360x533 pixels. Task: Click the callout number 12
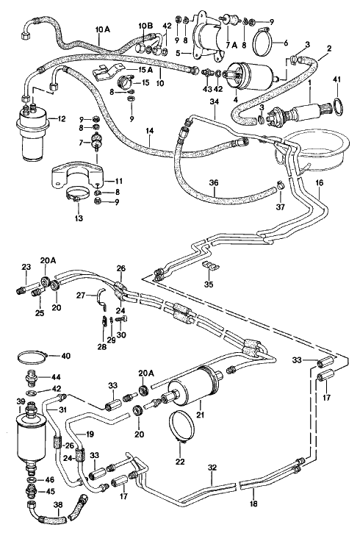pyautogui.click(x=61, y=119)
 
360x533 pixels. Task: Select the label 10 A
pyautogui.click(x=103, y=30)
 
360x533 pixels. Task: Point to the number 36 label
pyautogui.click(x=214, y=183)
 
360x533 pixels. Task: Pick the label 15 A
pyautogui.click(x=145, y=70)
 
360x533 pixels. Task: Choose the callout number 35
pyautogui.click(x=209, y=285)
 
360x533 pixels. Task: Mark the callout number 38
pyautogui.click(x=58, y=506)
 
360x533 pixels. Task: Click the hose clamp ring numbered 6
pyautogui.click(x=262, y=43)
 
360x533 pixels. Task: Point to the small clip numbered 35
pyautogui.click(x=211, y=266)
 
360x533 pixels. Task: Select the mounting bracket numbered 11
pyautogui.click(x=78, y=175)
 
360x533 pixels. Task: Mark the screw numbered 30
pyautogui.click(x=121, y=320)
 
